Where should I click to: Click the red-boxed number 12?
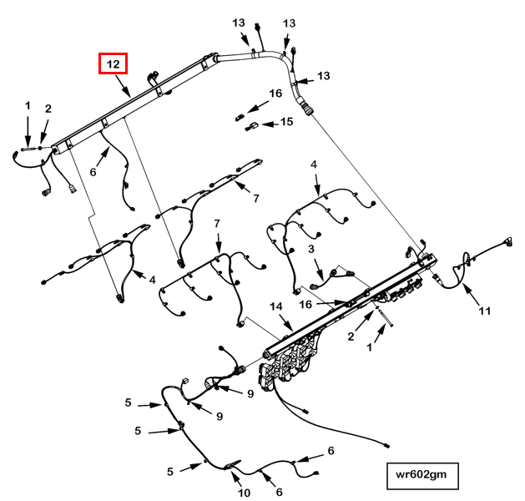114,63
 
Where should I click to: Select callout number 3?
311,249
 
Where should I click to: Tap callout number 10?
244,493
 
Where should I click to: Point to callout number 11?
484,311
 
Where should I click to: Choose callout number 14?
276,306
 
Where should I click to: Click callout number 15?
286,122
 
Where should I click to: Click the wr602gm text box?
422,476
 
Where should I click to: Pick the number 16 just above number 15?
275,93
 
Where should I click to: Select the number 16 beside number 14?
305,305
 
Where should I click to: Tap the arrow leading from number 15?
270,124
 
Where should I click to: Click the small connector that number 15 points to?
251,127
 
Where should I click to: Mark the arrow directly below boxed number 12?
123,86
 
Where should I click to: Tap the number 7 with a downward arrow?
217,223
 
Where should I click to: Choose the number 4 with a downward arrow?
313,164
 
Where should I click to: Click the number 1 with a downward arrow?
28,105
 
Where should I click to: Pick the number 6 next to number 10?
280,492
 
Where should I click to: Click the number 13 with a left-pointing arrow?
324,76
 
